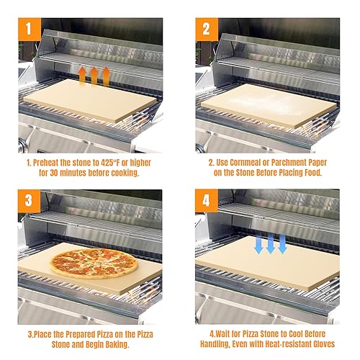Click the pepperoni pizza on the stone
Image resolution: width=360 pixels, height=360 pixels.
pyautogui.click(x=94, y=264)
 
